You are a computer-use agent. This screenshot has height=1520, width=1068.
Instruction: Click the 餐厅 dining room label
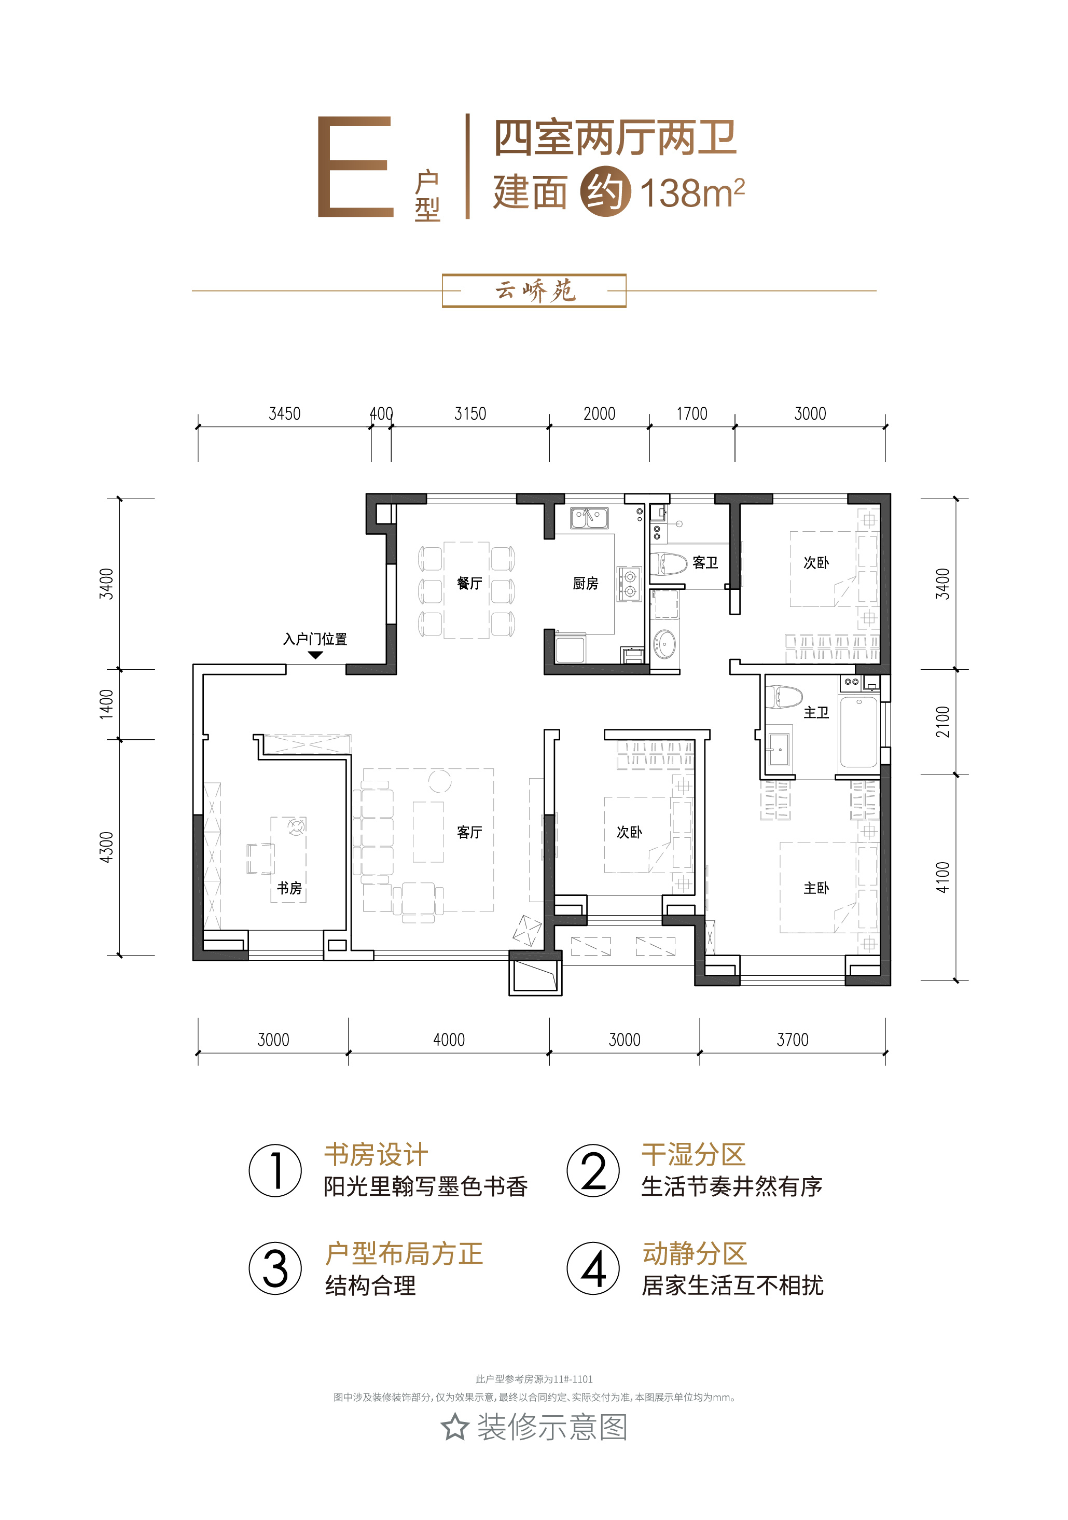[x=469, y=583]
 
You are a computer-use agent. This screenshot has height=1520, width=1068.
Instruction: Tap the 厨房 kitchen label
[x=585, y=583]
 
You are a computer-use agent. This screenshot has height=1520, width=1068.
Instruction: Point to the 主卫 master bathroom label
[x=816, y=712]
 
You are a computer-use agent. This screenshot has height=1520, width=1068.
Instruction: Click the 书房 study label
[x=289, y=888]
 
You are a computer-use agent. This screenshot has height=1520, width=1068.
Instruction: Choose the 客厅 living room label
[x=469, y=832]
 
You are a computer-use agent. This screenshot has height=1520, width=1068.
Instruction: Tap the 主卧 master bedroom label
[x=816, y=888]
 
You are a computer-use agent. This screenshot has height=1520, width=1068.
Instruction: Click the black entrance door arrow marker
[x=315, y=655]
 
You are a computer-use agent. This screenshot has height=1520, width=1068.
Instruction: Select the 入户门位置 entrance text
[x=315, y=639]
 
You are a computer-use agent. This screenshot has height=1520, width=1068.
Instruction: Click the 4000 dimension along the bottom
[x=449, y=1040]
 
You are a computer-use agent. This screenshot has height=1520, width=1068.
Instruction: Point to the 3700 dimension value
[x=793, y=1040]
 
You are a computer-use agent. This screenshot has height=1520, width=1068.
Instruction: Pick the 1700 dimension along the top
[x=692, y=414]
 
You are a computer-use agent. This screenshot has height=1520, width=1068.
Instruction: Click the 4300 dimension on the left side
[x=106, y=847]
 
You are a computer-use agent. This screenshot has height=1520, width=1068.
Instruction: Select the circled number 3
[x=275, y=1268]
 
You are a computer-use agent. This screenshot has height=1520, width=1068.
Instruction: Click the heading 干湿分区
[x=693, y=1155]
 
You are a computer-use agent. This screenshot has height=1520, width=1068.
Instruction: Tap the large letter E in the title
[x=355, y=167]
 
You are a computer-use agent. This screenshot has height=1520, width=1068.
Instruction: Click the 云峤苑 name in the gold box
[x=535, y=291]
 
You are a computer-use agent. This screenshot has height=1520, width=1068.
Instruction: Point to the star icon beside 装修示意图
[x=455, y=1427]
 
